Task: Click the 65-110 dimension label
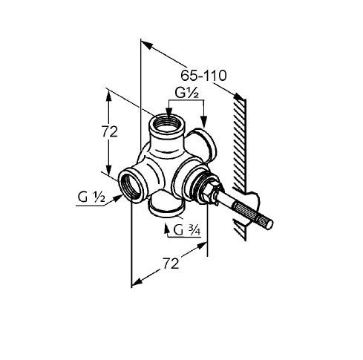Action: point(203,76)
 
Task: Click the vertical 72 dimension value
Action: point(110,131)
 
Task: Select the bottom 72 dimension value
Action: point(171,264)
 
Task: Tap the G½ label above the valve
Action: point(187,93)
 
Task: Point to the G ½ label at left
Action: point(91,197)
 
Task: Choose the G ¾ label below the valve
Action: point(187,230)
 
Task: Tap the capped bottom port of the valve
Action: point(166,205)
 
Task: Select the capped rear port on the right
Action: point(202,144)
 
